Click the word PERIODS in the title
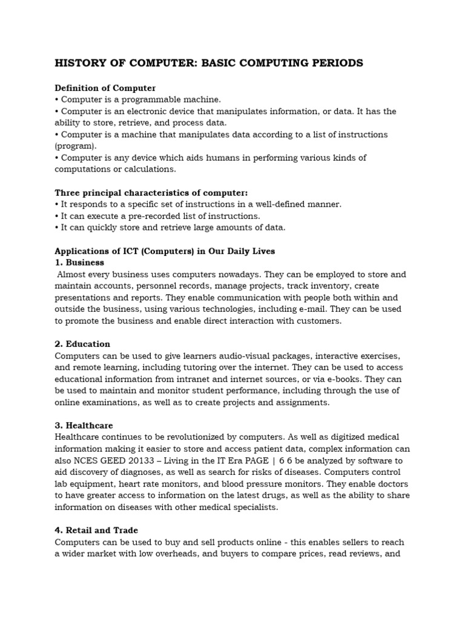point(335,63)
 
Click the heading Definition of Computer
point(105,88)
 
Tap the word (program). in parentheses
point(76,146)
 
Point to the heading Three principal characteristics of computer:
point(151,193)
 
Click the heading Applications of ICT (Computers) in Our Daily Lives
point(165,251)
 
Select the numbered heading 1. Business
point(79,263)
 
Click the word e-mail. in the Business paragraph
point(294,309)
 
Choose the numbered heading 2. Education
point(82,344)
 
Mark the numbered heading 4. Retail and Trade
point(96,530)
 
